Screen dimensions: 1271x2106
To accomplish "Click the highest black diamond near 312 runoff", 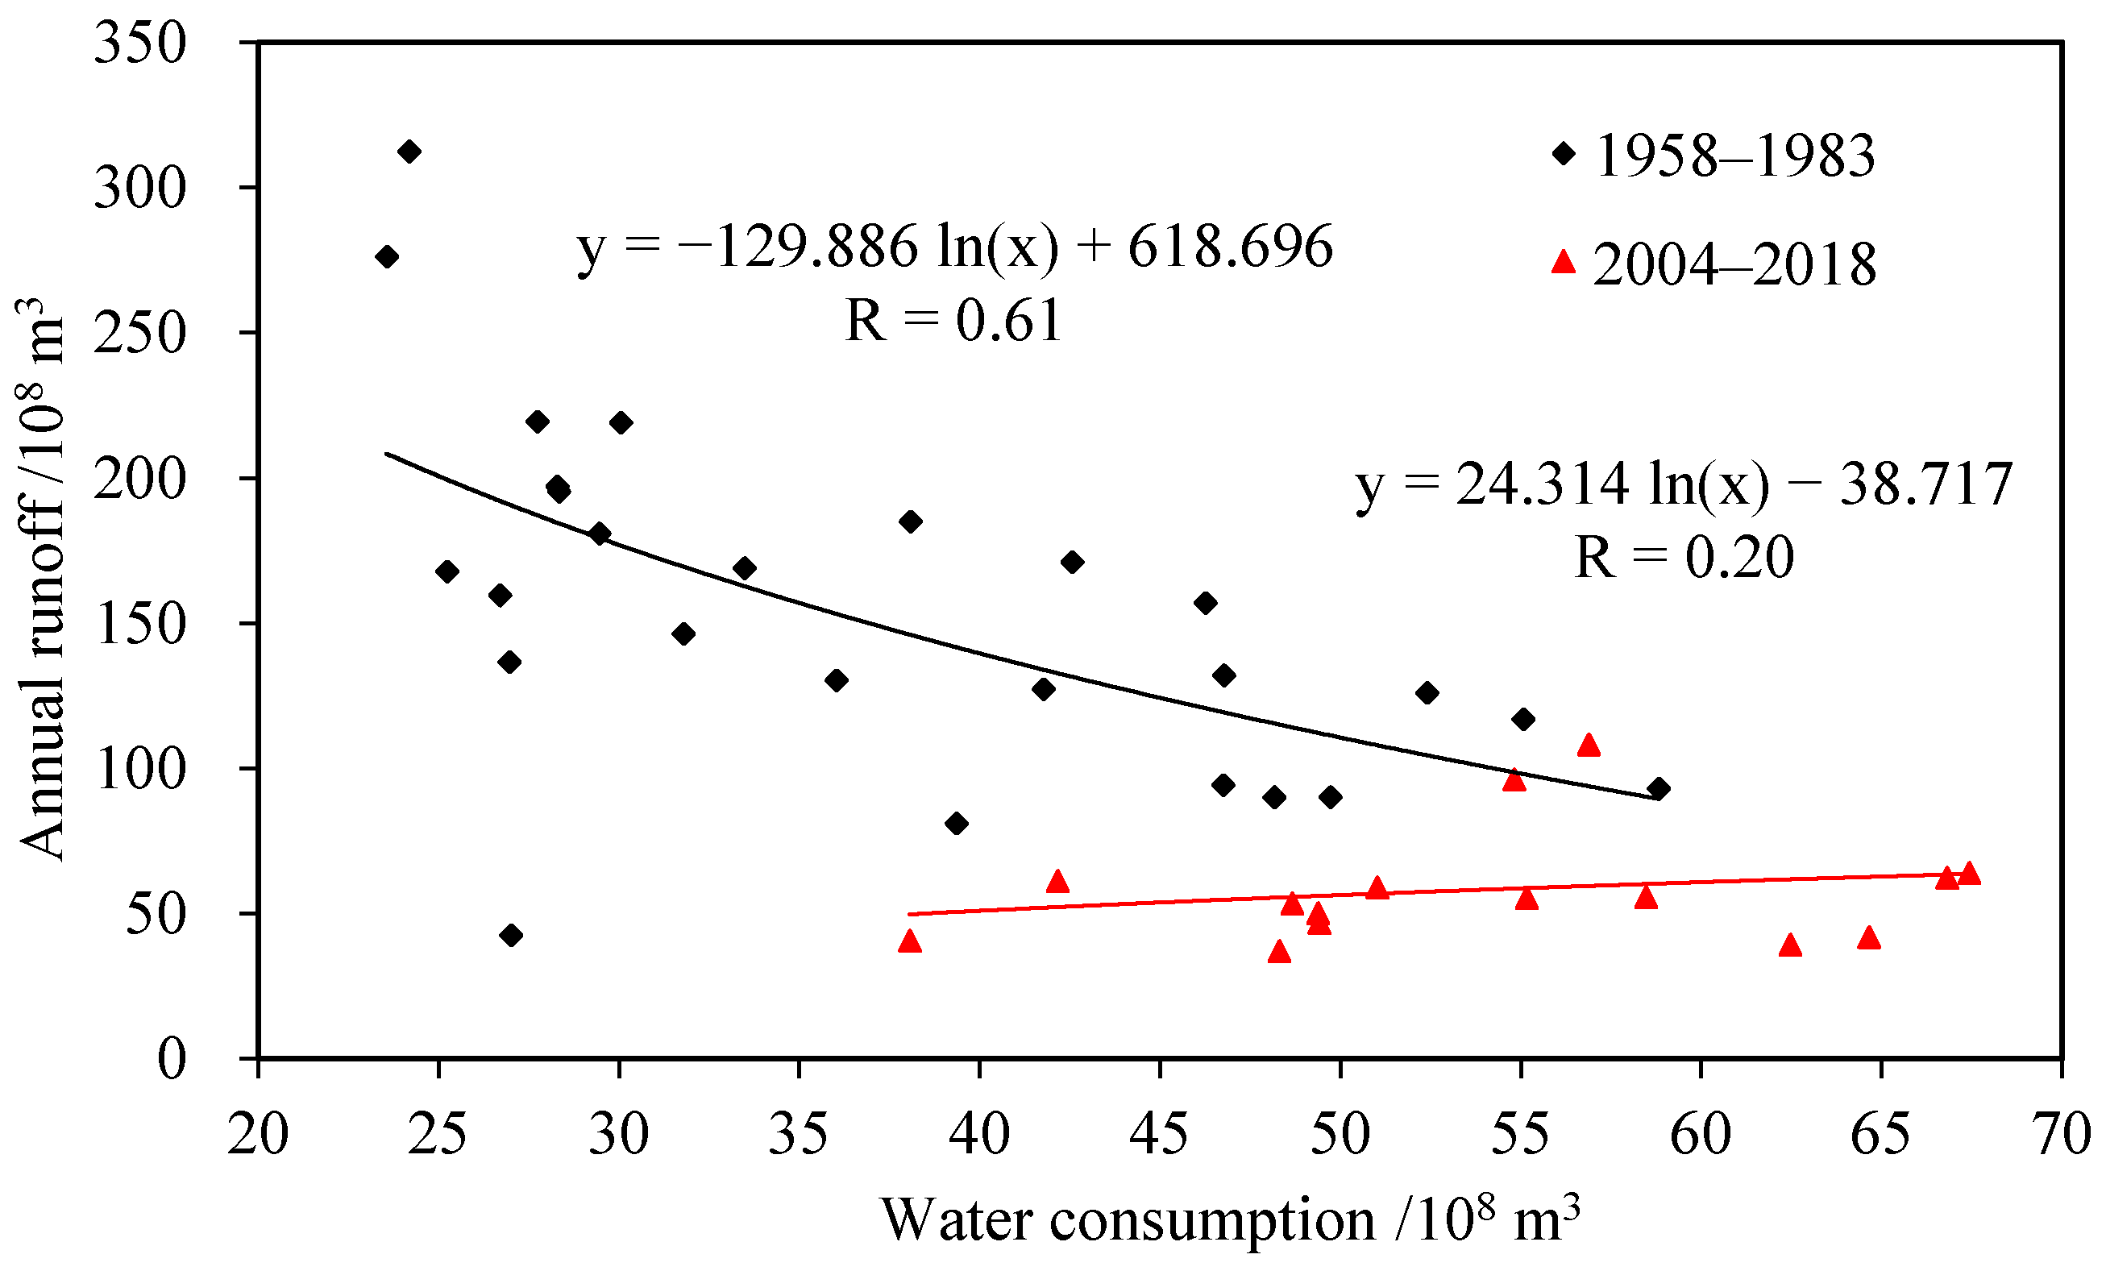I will [x=409, y=152].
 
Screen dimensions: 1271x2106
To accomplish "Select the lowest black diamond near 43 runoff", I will [x=511, y=935].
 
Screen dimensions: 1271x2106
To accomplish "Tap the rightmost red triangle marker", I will [x=1969, y=874].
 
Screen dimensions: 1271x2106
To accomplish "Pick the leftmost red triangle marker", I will [x=910, y=942].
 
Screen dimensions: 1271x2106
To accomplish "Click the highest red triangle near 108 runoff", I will [x=1589, y=746].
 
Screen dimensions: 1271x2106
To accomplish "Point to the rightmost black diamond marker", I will [x=1659, y=789].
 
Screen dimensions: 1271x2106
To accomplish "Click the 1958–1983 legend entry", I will [x=1713, y=156].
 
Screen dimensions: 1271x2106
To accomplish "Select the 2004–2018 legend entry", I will [x=1713, y=264].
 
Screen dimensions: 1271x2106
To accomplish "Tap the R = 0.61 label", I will [x=953, y=321].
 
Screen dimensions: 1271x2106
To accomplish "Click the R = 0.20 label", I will [x=1684, y=557].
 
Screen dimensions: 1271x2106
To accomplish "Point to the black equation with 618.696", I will [x=955, y=247].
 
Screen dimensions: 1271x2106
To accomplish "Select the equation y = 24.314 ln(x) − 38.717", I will [x=1684, y=484].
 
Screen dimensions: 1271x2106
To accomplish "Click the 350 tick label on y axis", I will [x=139, y=43].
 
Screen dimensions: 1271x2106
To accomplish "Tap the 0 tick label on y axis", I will [x=171, y=1059].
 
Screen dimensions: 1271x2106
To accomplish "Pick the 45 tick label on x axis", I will [x=1159, y=1135].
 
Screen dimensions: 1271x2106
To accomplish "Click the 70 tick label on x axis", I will [x=2062, y=1135].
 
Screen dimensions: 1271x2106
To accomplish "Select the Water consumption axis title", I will [x=1231, y=1219].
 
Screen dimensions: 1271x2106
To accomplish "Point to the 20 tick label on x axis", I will [x=258, y=1135].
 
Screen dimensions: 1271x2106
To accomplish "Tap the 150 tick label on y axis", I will [x=139, y=624].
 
